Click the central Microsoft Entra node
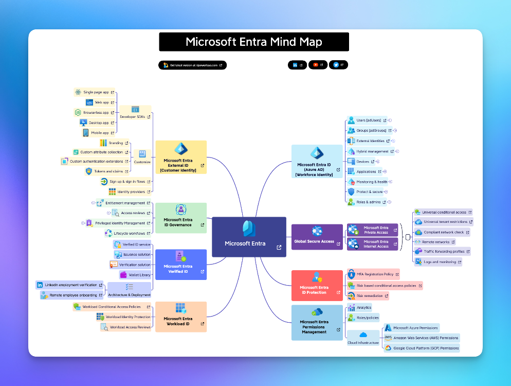tap(249, 237)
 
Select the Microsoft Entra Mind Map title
tap(254, 42)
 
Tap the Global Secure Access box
tap(317, 237)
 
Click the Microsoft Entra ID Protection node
tap(317, 286)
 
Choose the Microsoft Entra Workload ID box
tap(180, 317)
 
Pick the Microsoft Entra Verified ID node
tap(180, 265)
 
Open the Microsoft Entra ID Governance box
tap(180, 218)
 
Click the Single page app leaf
tap(96, 92)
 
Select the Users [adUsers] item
tap(368, 120)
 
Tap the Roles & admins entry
tap(368, 202)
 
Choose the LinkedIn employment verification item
tap(70, 285)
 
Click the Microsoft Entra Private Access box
tap(373, 230)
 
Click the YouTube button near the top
tap(318, 65)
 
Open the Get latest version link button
tap(192, 65)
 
